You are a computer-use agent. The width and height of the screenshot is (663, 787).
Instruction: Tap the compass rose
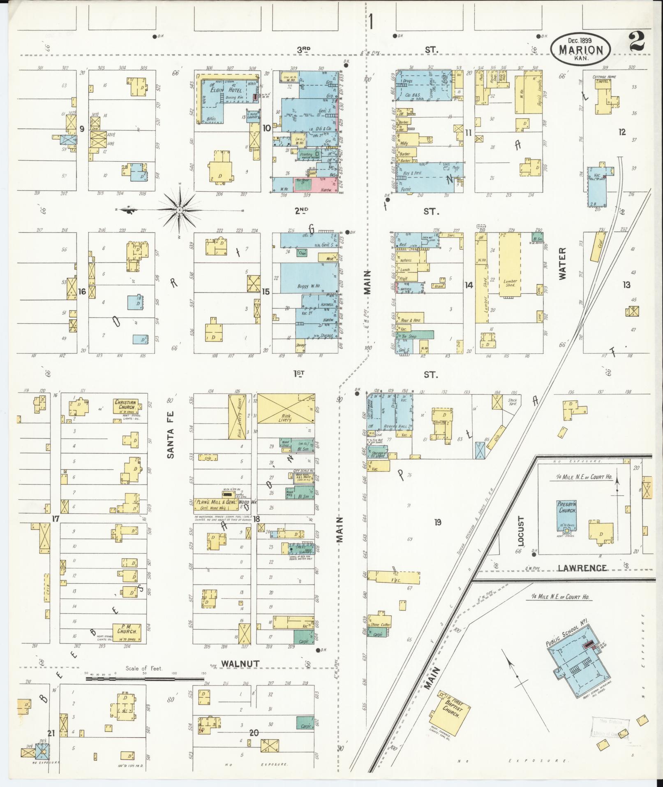pyautogui.click(x=180, y=210)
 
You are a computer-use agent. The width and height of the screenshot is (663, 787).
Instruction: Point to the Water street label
pyautogui.click(x=562, y=263)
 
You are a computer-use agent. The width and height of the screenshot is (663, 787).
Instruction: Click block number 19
pyautogui.click(x=437, y=522)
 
